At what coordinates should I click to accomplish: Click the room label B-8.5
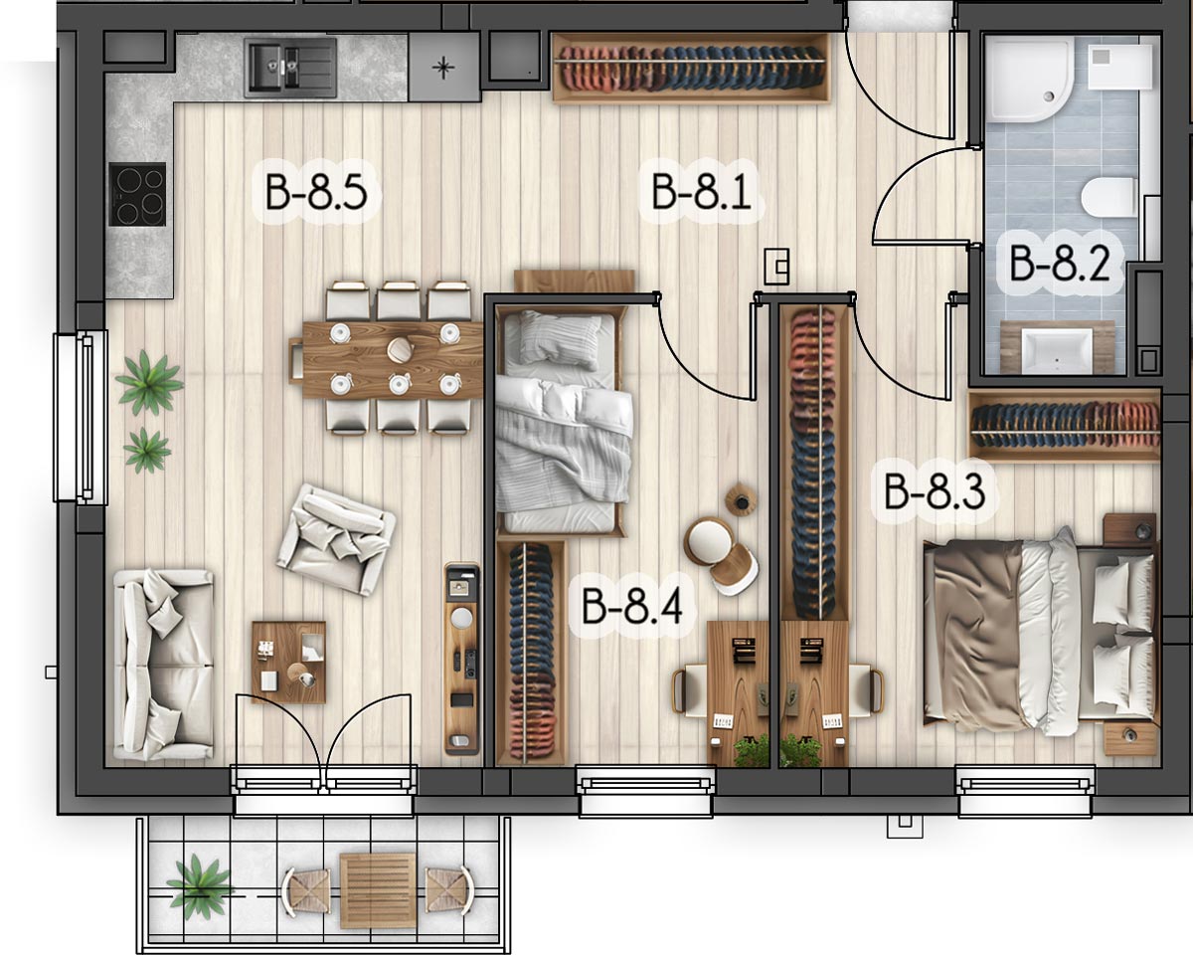(316, 191)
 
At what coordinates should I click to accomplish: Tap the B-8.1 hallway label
(701, 191)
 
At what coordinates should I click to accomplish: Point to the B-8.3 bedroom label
(935, 491)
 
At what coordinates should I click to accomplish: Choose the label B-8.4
(632, 607)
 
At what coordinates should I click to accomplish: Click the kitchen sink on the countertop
(290, 68)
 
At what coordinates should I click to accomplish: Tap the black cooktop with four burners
(137, 194)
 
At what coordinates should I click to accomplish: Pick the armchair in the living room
(336, 539)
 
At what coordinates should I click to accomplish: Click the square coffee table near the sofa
(289, 662)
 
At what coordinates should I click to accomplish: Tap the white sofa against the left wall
(163, 665)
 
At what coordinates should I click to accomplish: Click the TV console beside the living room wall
(461, 659)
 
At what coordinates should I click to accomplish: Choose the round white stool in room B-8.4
(708, 538)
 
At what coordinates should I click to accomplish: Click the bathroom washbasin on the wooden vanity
(1057, 351)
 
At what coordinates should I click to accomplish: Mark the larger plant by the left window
(148, 383)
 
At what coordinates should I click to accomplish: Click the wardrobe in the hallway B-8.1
(691, 68)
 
